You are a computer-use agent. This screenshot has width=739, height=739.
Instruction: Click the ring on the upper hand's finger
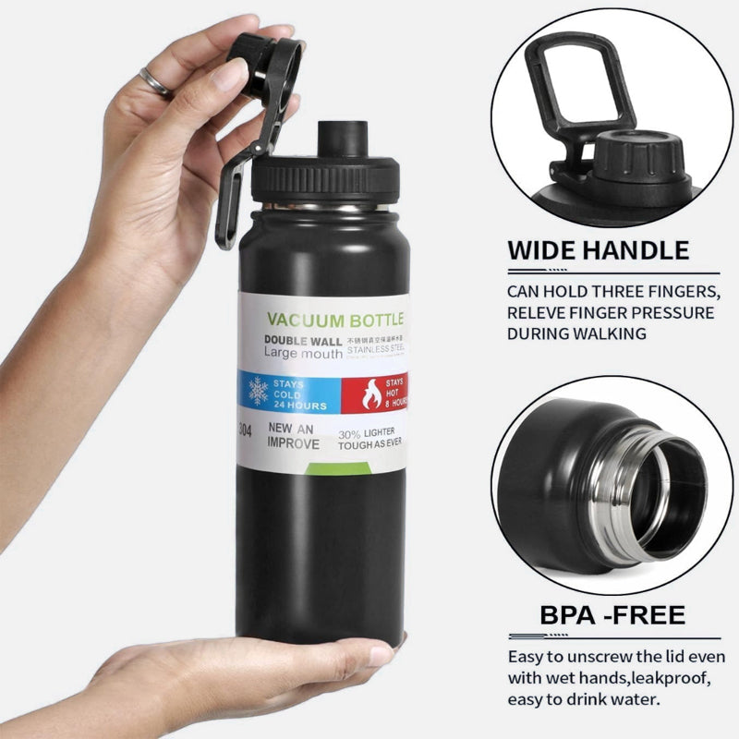pos(156,82)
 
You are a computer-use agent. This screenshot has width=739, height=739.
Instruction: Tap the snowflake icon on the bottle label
pos(258,391)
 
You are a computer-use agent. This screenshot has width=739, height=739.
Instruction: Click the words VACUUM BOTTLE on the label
pos(334,321)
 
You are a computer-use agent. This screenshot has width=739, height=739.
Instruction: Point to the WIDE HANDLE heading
pos(598,249)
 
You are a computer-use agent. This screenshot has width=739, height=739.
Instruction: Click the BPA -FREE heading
pos(612,615)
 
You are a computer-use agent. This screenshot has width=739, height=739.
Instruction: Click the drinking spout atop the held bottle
pos(337,139)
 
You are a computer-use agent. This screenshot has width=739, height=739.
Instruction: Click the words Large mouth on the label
pos(303,354)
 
